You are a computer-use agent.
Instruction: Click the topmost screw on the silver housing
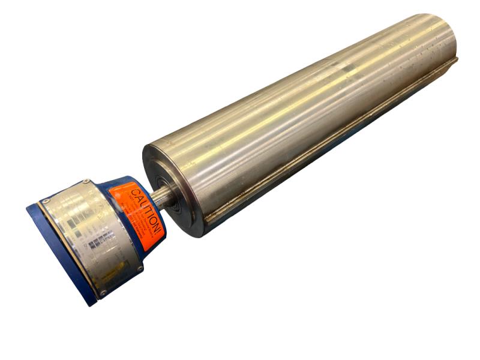86,181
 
